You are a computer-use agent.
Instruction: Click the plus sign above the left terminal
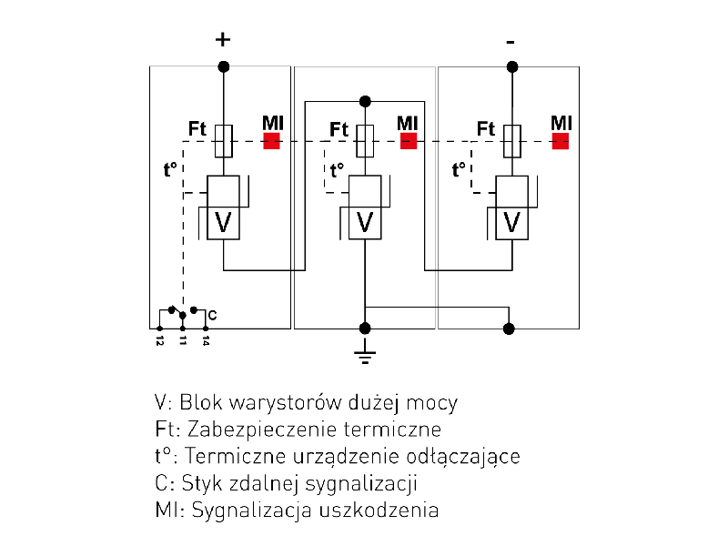(223, 39)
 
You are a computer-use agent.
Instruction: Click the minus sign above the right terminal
(511, 42)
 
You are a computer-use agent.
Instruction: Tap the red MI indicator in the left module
(271, 141)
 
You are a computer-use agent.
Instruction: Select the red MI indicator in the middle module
(408, 141)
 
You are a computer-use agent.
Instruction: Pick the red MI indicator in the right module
(561, 141)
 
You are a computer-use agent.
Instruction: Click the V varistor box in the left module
(223, 222)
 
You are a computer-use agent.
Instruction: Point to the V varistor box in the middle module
(365, 222)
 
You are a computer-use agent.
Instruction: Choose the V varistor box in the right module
(511, 222)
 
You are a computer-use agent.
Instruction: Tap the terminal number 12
(159, 340)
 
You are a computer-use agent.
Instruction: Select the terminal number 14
(207, 340)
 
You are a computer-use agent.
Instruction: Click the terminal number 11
(183, 340)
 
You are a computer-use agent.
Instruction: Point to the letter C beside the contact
(212, 315)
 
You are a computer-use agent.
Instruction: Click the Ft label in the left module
(197, 129)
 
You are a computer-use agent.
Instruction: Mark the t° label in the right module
(460, 168)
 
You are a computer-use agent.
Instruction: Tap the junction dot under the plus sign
(223, 66)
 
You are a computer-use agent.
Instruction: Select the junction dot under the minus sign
(511, 66)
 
